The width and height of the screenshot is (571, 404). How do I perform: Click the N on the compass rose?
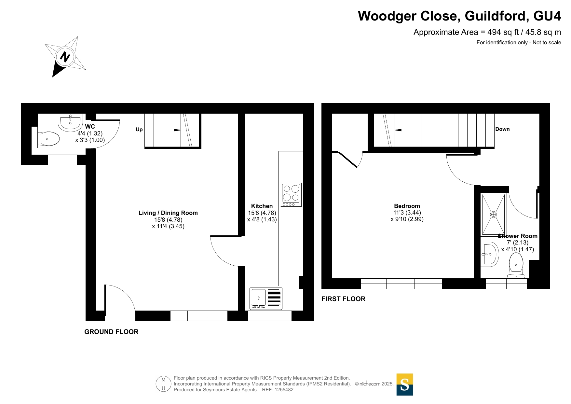(65, 57)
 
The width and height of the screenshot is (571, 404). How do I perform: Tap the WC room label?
(90, 127)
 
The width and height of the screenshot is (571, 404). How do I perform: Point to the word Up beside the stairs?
(139, 130)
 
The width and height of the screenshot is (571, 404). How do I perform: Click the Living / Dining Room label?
(168, 213)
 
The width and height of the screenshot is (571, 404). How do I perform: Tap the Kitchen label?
(262, 206)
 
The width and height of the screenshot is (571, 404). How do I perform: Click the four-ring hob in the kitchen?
(291, 195)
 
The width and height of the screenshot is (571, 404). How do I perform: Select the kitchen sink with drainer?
(266, 298)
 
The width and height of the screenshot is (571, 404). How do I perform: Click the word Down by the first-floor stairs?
(502, 129)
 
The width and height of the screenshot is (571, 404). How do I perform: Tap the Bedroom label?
(407, 206)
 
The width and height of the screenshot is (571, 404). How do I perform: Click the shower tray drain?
(494, 215)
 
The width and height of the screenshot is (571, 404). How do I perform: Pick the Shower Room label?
(518, 236)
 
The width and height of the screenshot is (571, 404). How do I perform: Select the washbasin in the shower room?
(489, 254)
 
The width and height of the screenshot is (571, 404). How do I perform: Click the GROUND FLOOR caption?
(111, 332)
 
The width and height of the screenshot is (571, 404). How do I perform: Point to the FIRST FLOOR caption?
(344, 299)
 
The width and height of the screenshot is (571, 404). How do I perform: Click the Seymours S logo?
(405, 384)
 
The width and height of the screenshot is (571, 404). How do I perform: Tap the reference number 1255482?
(284, 390)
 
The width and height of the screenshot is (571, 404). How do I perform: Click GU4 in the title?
(548, 16)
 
